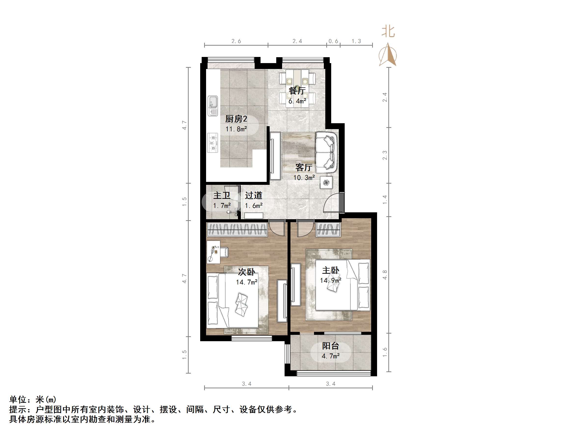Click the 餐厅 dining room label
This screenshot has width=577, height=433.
[x=297, y=91]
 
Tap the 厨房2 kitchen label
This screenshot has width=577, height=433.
[x=236, y=119]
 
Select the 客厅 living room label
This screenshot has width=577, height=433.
[x=304, y=167]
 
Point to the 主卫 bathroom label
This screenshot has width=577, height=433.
[x=222, y=195]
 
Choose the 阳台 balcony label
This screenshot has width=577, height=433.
[x=330, y=346]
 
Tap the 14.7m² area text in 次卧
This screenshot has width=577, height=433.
[x=247, y=282]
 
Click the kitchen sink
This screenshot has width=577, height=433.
[x=213, y=106]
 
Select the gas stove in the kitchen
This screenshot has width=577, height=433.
[x=213, y=143]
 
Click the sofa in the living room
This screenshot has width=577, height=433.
[x=326, y=152]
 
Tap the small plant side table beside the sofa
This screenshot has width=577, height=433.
[x=326, y=182]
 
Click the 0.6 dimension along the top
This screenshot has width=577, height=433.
[x=333, y=41]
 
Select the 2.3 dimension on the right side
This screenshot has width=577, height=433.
[x=385, y=155]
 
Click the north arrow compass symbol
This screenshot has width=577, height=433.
[x=388, y=55]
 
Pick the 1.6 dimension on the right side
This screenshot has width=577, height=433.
[x=385, y=352]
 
